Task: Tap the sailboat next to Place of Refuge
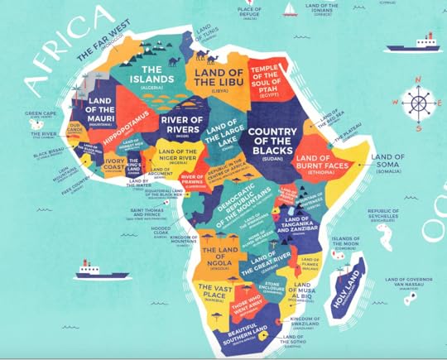[x=291, y=9]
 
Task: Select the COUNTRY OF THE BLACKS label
[x=279, y=142]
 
